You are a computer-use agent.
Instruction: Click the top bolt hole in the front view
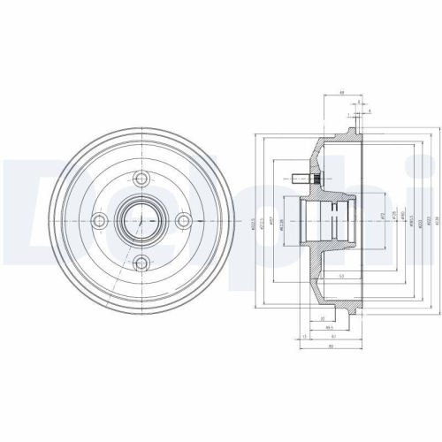tap(141, 178)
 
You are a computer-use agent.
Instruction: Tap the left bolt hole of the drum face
tap(100, 220)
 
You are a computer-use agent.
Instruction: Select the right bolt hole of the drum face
tap(183, 220)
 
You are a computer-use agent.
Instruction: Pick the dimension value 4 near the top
tap(368, 110)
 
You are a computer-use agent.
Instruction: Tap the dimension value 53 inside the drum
tap(339, 276)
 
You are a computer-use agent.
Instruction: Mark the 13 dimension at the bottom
tap(305, 337)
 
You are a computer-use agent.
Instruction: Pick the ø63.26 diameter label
tap(279, 221)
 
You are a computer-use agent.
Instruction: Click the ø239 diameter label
tap(437, 221)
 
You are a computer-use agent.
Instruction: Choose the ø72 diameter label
tap(381, 217)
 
